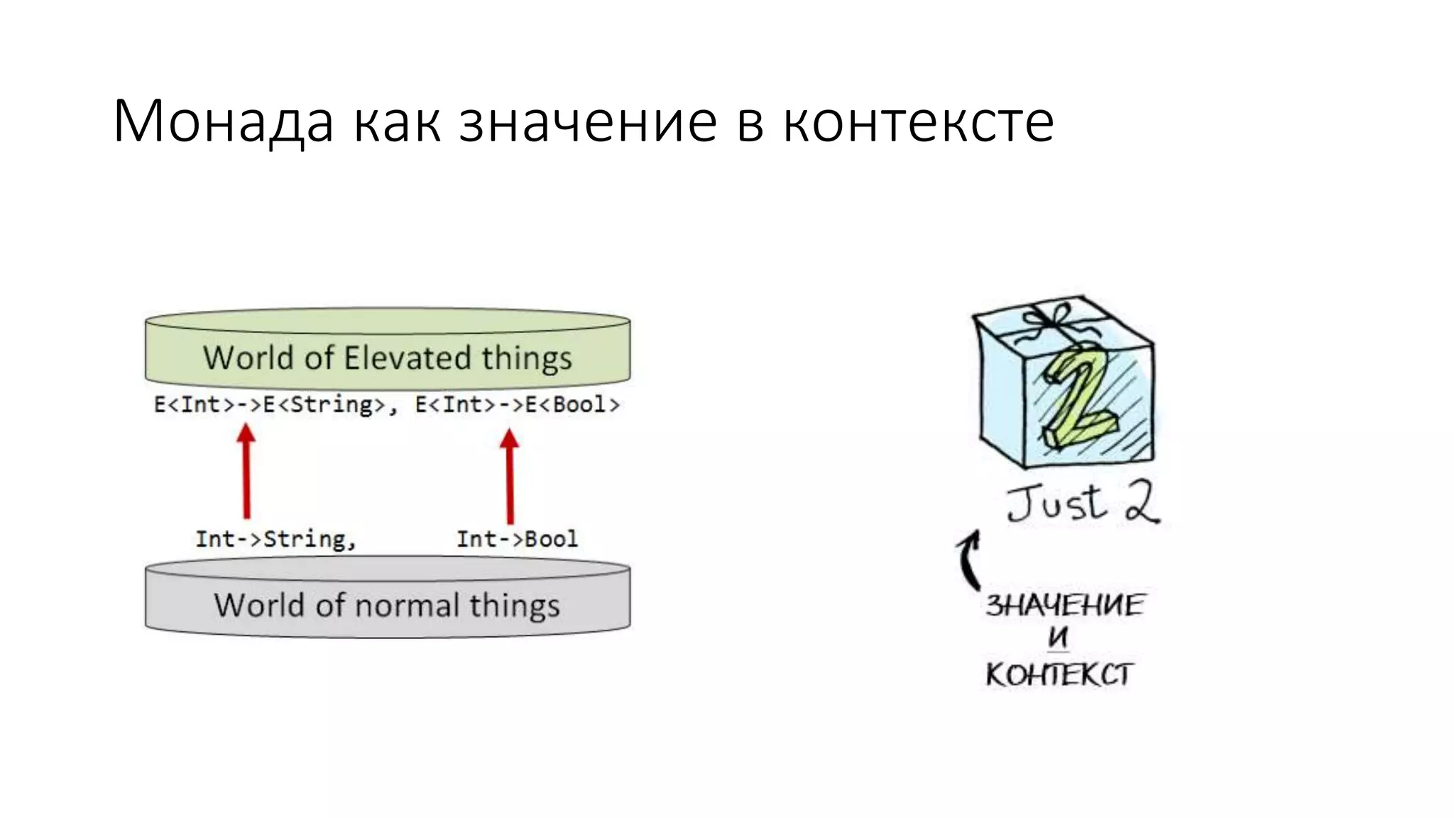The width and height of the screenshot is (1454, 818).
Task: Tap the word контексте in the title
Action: [x=918, y=122]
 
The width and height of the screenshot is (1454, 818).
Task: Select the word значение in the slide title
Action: [x=587, y=122]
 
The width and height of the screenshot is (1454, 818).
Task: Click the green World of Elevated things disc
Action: [x=388, y=348]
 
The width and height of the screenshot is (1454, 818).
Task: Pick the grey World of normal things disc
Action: [x=388, y=596]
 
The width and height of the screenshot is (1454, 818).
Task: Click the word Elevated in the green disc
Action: [x=408, y=357]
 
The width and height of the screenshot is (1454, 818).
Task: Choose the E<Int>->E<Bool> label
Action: [x=517, y=405]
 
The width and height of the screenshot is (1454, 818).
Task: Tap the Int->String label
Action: [x=274, y=539]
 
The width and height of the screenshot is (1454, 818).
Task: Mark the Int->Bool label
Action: [x=517, y=539]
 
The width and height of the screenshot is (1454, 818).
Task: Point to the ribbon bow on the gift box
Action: [x=1058, y=316]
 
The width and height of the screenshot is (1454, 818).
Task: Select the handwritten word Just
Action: [x=1056, y=503]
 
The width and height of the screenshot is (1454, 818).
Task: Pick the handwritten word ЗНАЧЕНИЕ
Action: [x=1064, y=606]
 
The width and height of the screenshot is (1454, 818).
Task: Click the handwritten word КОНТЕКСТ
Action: [x=1058, y=674]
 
